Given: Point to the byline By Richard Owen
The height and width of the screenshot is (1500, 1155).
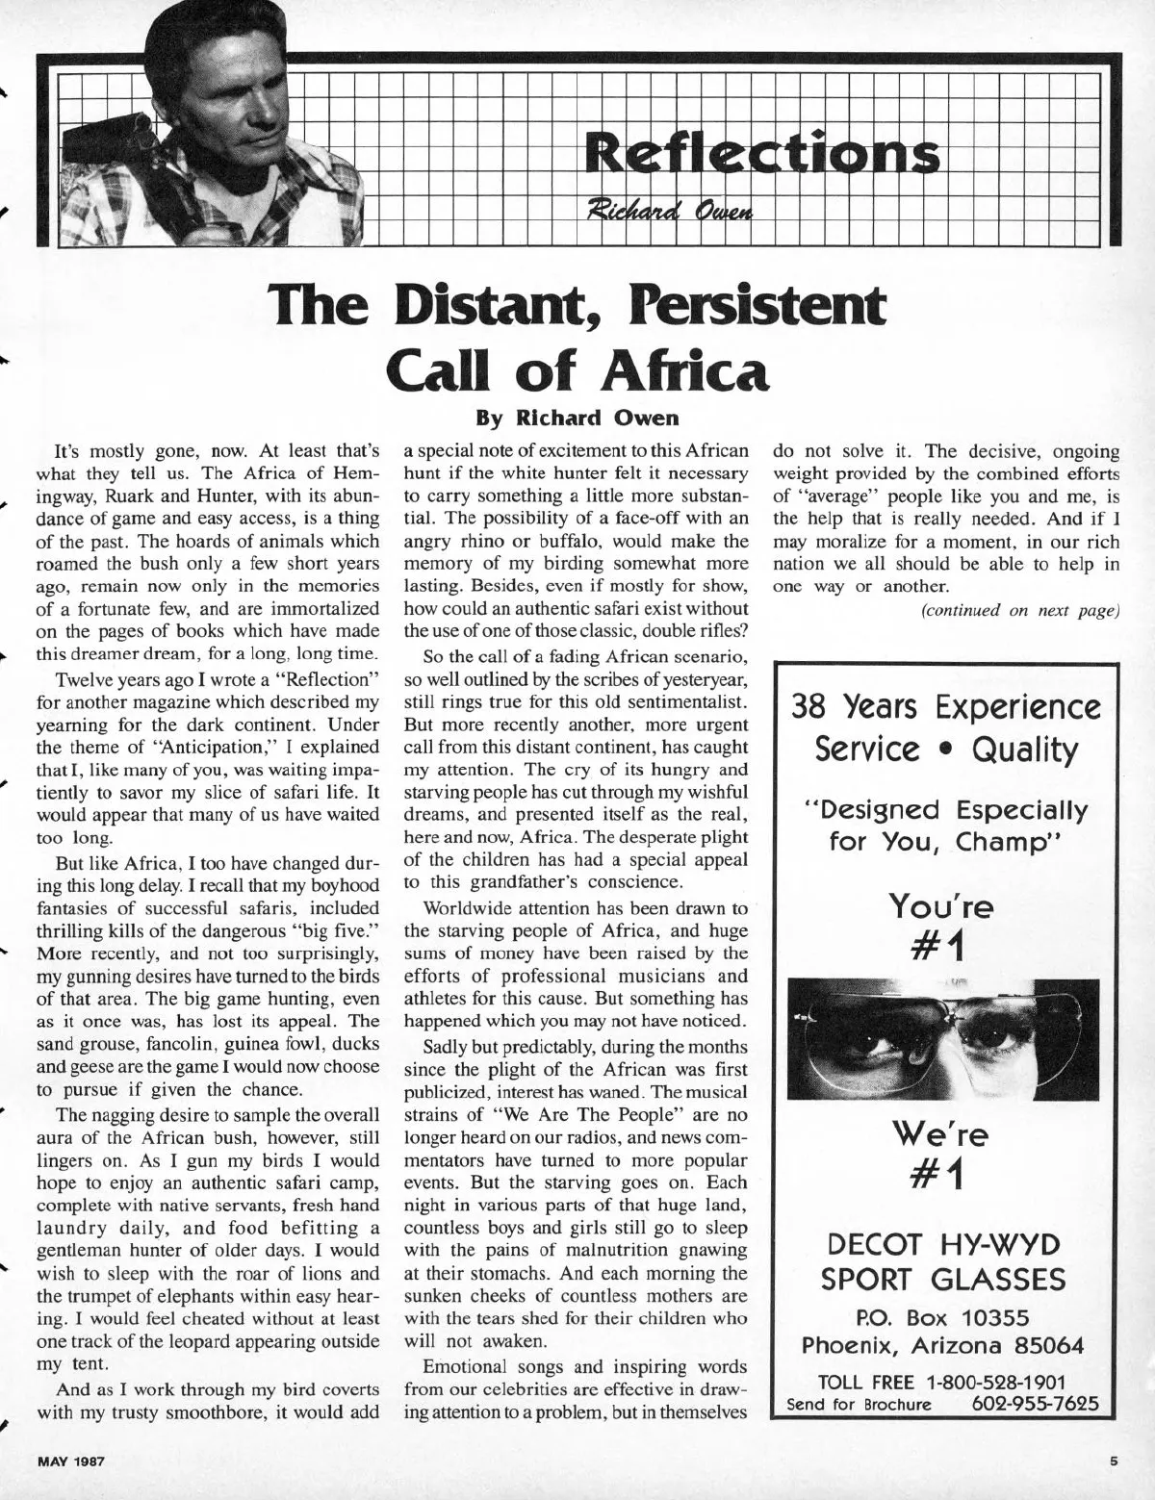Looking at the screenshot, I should point(577,419).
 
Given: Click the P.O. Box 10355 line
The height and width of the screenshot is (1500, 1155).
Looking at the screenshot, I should point(944,1315).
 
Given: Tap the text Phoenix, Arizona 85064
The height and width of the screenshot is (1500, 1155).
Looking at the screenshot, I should point(944,1344).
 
